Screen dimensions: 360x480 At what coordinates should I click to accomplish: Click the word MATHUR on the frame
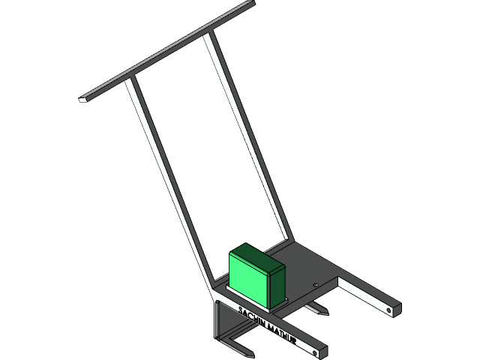pyautogui.click(x=283, y=334)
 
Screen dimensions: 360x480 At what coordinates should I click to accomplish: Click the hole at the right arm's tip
pyautogui.click(x=388, y=307)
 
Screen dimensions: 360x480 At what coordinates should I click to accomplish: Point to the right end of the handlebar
pyautogui.click(x=251, y=4)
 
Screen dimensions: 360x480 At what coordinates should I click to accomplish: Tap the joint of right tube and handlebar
pyautogui.click(x=207, y=34)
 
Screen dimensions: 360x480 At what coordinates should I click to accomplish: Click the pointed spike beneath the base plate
pyautogui.click(x=318, y=310)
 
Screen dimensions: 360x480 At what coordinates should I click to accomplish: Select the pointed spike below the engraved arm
pyautogui.click(x=244, y=349)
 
